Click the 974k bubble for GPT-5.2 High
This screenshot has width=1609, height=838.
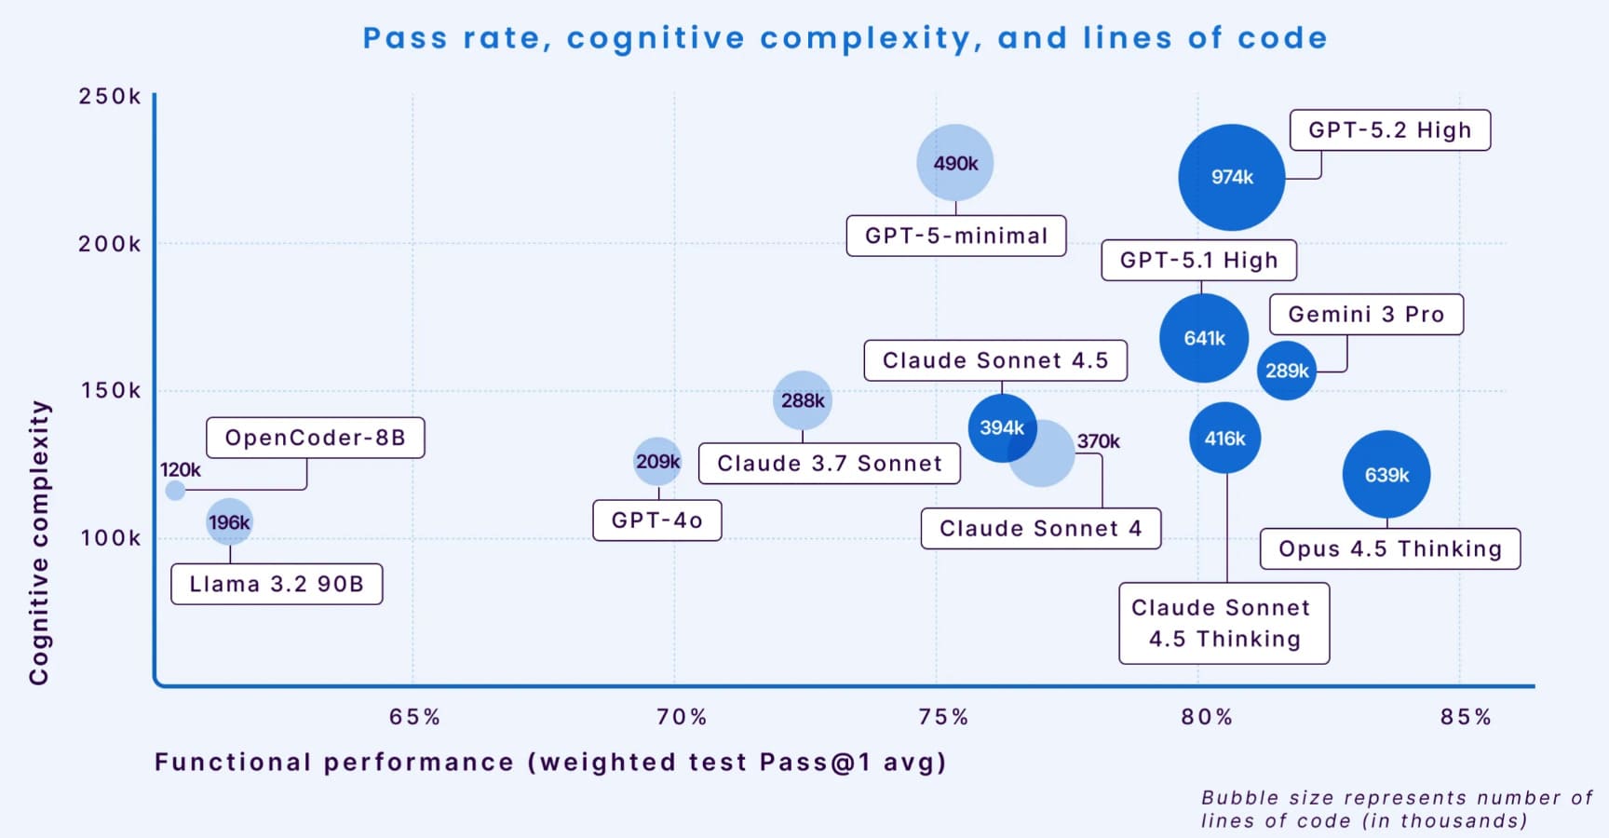pos(1231,177)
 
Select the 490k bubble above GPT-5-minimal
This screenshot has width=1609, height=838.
pos(955,163)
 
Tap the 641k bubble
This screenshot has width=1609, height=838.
pos(1204,338)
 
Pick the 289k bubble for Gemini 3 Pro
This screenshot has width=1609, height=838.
pos(1287,371)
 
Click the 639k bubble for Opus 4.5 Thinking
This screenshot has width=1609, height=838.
pos(1386,475)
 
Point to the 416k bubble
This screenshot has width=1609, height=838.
pos(1224,438)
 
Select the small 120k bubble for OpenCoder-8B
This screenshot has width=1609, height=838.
pos(175,491)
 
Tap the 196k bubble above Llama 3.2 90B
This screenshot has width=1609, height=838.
pos(229,522)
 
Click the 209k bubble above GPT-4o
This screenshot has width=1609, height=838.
pos(657,462)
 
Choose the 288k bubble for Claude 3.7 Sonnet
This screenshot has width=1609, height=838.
pos(802,400)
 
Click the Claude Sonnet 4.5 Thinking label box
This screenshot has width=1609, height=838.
pos(1224,623)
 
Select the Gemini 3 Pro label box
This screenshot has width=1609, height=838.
pos(1366,315)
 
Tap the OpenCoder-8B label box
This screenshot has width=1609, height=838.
pos(315,438)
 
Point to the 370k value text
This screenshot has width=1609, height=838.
pos(1099,441)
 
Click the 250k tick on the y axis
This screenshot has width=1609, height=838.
pos(110,97)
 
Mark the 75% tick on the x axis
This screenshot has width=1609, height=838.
pos(943,717)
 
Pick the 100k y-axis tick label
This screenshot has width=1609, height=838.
pos(110,538)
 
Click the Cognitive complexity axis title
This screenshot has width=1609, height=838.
pos(38,543)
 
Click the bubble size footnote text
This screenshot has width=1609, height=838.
pos(1396,809)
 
